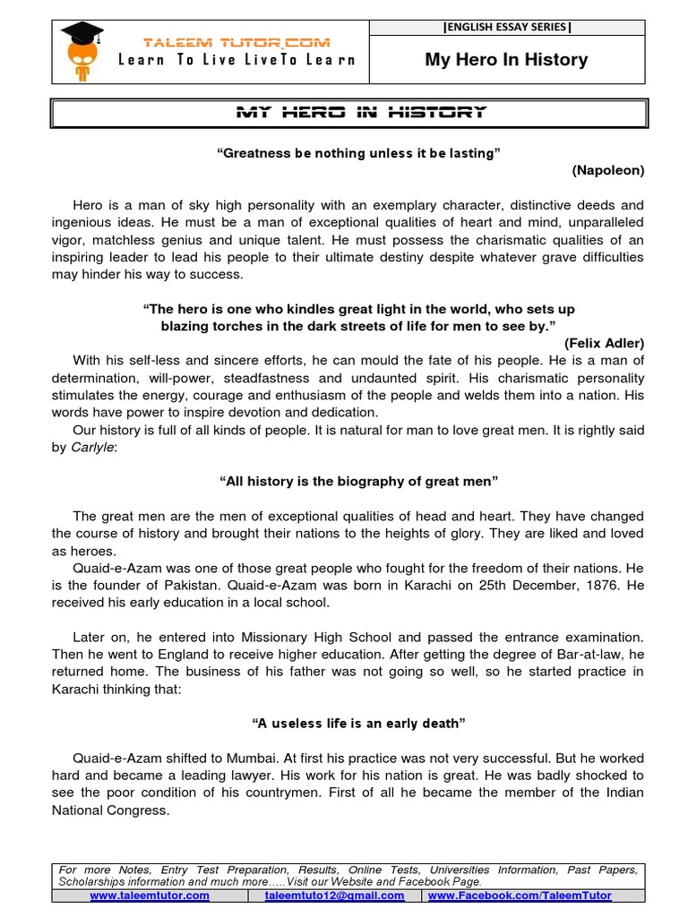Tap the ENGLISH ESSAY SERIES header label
point(506,27)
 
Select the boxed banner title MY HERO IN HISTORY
point(360,112)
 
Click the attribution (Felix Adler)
point(604,343)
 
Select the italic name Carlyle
point(93,447)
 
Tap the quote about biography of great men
point(358,481)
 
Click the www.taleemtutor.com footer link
point(150,895)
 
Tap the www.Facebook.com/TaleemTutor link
point(520,895)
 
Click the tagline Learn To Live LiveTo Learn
point(236,60)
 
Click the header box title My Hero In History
point(506,60)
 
